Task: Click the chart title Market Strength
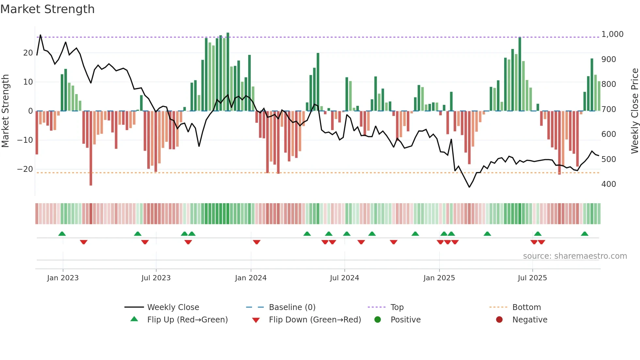(x=48, y=9)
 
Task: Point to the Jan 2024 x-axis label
(x=250, y=278)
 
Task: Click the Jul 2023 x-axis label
(x=156, y=278)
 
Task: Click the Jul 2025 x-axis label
(x=532, y=278)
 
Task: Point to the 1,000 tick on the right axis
(x=612, y=34)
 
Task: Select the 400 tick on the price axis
(x=609, y=184)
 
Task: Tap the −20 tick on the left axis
(x=25, y=169)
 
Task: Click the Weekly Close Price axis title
(x=634, y=111)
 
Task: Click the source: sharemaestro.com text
(x=575, y=256)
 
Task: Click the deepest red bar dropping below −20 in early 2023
(x=91, y=157)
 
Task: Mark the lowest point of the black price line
(x=469, y=187)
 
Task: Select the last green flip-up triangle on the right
(x=584, y=234)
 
